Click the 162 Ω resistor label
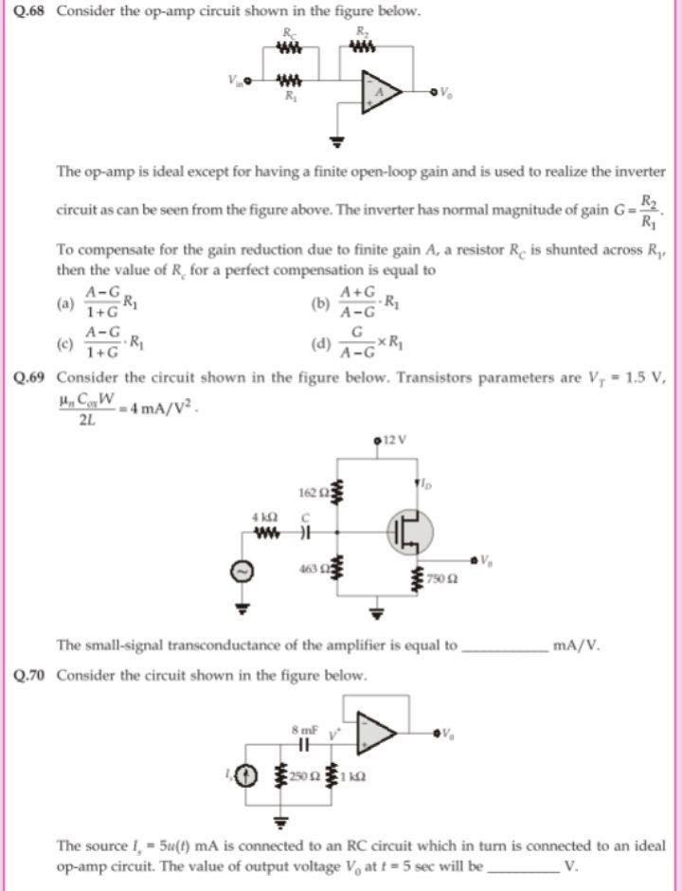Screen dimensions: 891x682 coord(312,494)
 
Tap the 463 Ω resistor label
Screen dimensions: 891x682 coord(312,571)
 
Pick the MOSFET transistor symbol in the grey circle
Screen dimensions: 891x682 coord(406,532)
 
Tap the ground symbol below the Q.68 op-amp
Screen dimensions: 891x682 coord(333,143)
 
